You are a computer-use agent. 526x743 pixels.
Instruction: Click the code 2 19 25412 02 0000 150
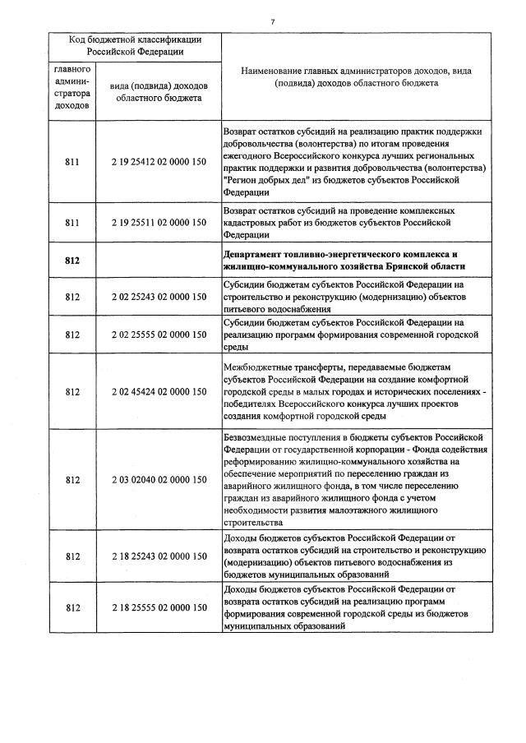tap(159, 162)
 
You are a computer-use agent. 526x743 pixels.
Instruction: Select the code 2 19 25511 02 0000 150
tap(159, 223)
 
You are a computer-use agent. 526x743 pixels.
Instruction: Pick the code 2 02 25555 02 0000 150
tap(159, 335)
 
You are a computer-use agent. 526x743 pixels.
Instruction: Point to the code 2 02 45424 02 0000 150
tap(159, 391)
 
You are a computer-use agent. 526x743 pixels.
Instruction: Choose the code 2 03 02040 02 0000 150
tap(159, 479)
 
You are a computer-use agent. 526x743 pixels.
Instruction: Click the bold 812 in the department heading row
tap(72, 261)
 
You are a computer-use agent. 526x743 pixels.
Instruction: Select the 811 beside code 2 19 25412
tap(72, 162)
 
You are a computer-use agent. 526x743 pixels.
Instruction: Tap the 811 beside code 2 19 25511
tap(72, 223)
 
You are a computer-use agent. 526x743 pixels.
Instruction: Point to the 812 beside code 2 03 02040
tap(72, 479)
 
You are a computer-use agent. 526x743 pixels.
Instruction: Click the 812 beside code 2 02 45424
tap(72, 391)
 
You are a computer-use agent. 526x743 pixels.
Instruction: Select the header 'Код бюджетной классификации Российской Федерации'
tap(135, 45)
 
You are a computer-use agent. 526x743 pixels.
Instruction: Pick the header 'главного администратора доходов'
tap(72, 88)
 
